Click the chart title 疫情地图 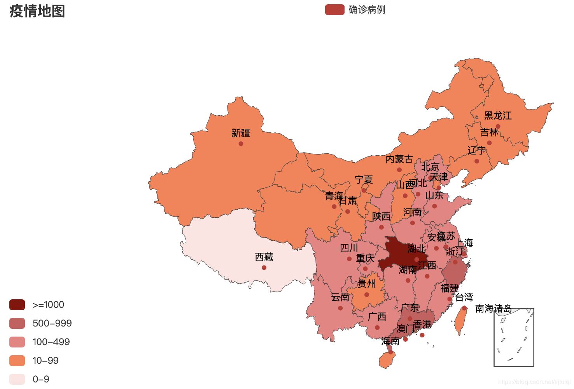pos(37,11)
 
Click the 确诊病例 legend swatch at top pos(334,10)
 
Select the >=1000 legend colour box pos(17,305)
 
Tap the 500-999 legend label pos(52,323)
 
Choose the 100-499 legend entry pos(51,342)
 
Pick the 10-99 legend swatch pos(17,361)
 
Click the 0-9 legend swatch pos(17,379)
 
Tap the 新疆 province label pos(241,133)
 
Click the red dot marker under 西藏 pos(264,267)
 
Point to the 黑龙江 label pos(498,116)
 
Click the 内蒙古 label pos(399,159)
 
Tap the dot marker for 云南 pos(340,308)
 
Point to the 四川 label pos(349,248)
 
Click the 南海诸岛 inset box pos(514,338)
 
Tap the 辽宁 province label pos(476,151)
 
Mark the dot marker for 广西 pos(377,328)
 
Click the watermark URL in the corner pos(534,382)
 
